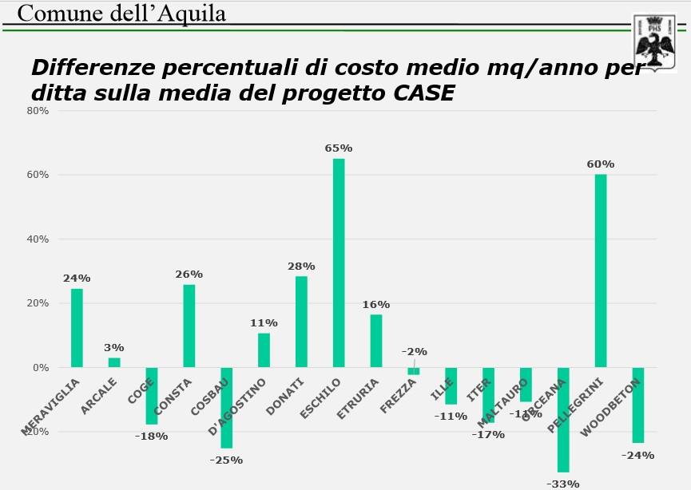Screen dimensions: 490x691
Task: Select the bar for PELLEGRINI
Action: (x=601, y=271)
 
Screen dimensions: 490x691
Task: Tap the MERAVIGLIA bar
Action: (x=77, y=327)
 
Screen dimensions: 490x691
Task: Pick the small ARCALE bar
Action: (x=114, y=362)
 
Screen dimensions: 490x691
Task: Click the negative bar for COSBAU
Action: (x=227, y=407)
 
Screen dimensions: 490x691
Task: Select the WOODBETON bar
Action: (x=638, y=405)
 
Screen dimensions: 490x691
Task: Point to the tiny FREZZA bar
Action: (x=413, y=371)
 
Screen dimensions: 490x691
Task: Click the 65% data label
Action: (x=339, y=148)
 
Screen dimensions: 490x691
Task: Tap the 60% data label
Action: (x=601, y=164)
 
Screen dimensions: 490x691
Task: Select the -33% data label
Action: (x=563, y=484)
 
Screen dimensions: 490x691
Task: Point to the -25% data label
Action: (x=226, y=460)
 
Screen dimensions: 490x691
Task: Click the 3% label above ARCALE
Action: (x=114, y=348)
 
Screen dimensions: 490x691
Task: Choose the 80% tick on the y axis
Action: (x=38, y=111)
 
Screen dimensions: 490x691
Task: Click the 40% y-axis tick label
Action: (x=38, y=239)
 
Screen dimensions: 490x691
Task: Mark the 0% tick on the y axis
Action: (x=41, y=368)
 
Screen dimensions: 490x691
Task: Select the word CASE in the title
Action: (x=423, y=94)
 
